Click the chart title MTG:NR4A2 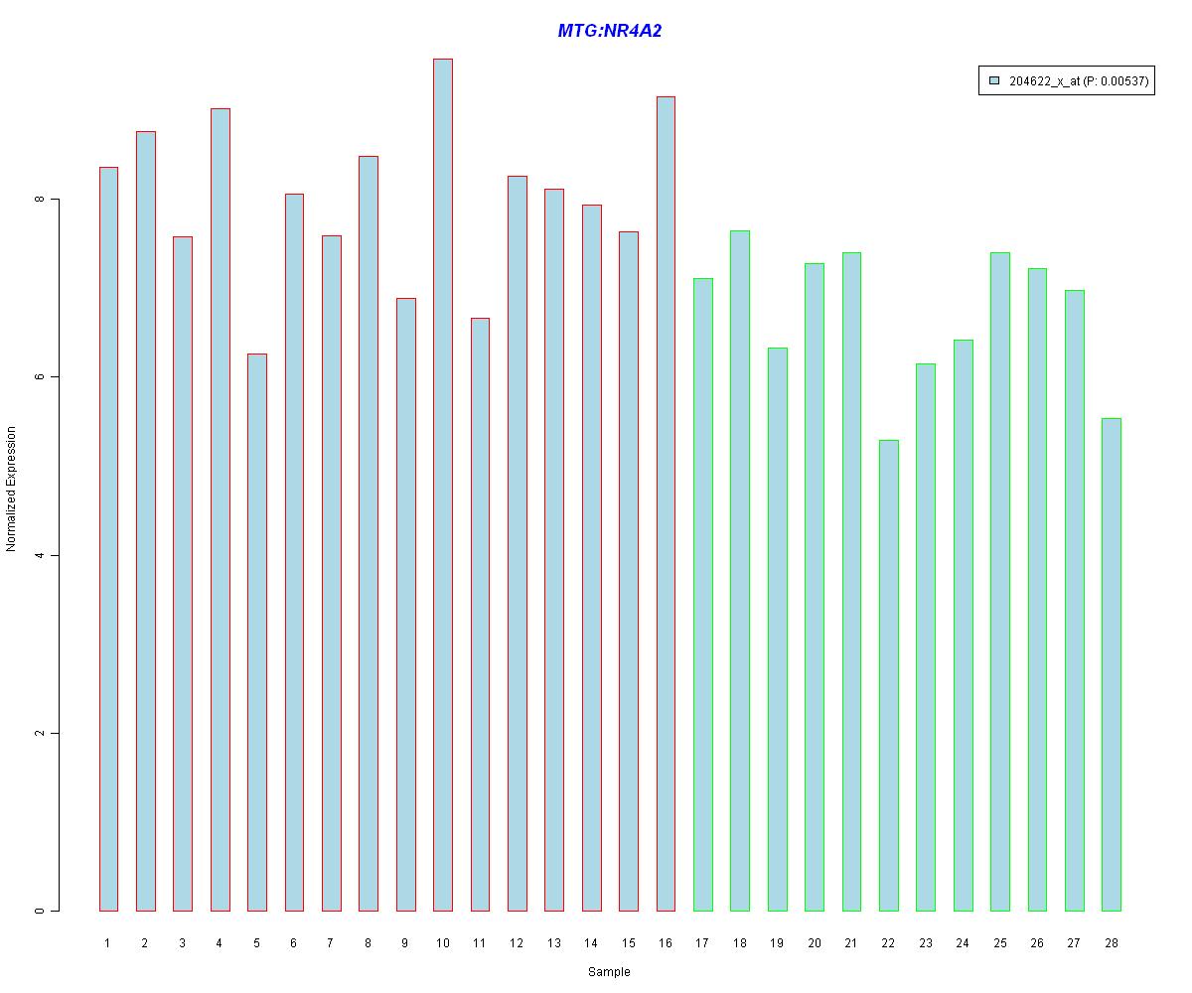tap(609, 30)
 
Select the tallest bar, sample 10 tap(443, 485)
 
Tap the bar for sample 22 tap(889, 675)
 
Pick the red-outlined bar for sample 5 tap(257, 633)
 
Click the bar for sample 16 tap(666, 503)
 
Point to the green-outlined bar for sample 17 tap(703, 595)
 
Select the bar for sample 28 tap(1112, 664)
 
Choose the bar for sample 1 tap(108, 539)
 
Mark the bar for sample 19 tap(778, 629)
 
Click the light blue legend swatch tap(994, 80)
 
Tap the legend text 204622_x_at tap(1045, 81)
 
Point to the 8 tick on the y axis tap(55, 200)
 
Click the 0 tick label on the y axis tap(40, 911)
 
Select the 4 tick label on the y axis tap(40, 555)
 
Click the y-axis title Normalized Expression tap(11, 489)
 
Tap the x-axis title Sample tap(609, 971)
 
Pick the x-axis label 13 tap(553, 942)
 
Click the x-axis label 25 tap(1000, 942)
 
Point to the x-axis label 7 tap(330, 942)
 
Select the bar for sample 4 tap(221, 509)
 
